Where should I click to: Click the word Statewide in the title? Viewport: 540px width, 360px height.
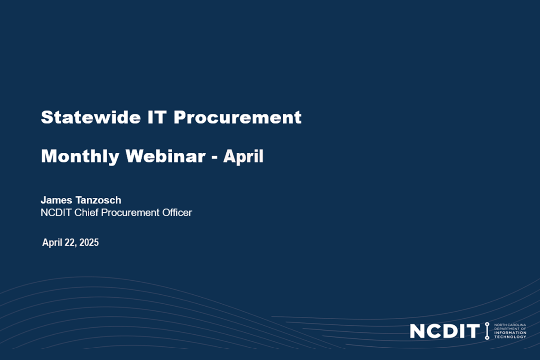click(91, 117)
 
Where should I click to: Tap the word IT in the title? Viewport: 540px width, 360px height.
click(157, 117)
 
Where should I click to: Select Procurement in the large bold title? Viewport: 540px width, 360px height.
click(238, 117)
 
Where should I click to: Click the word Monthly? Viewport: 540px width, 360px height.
click(80, 157)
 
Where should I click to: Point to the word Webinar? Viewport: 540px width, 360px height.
click(165, 156)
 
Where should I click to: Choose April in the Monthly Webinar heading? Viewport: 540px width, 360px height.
click(243, 157)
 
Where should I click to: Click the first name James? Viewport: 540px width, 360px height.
click(56, 200)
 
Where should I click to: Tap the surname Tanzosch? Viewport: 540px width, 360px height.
click(98, 200)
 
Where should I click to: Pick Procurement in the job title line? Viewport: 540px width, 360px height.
click(130, 213)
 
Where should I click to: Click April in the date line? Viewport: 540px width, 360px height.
click(52, 243)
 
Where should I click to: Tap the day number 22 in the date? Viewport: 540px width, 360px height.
click(70, 243)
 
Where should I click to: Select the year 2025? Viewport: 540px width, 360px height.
click(89, 242)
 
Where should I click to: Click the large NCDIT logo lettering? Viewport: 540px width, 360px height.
click(444, 331)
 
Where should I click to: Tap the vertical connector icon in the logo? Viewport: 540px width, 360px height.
click(487, 331)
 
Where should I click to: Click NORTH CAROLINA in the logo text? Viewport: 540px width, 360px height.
click(510, 325)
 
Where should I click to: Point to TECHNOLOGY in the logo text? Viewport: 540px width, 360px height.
click(510, 337)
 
